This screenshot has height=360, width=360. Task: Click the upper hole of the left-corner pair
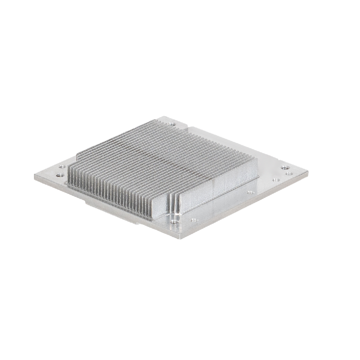click(x=62, y=167)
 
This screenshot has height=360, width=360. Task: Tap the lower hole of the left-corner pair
click(x=60, y=175)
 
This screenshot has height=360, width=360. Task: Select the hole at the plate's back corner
click(x=172, y=124)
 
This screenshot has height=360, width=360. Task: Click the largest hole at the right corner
click(x=284, y=167)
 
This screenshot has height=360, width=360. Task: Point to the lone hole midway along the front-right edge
click(x=250, y=192)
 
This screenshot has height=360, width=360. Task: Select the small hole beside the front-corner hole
click(x=194, y=220)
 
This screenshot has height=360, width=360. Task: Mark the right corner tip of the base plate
click(x=308, y=171)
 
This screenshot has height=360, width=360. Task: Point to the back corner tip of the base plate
click(x=164, y=117)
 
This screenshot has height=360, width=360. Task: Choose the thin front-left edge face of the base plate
click(x=103, y=205)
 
